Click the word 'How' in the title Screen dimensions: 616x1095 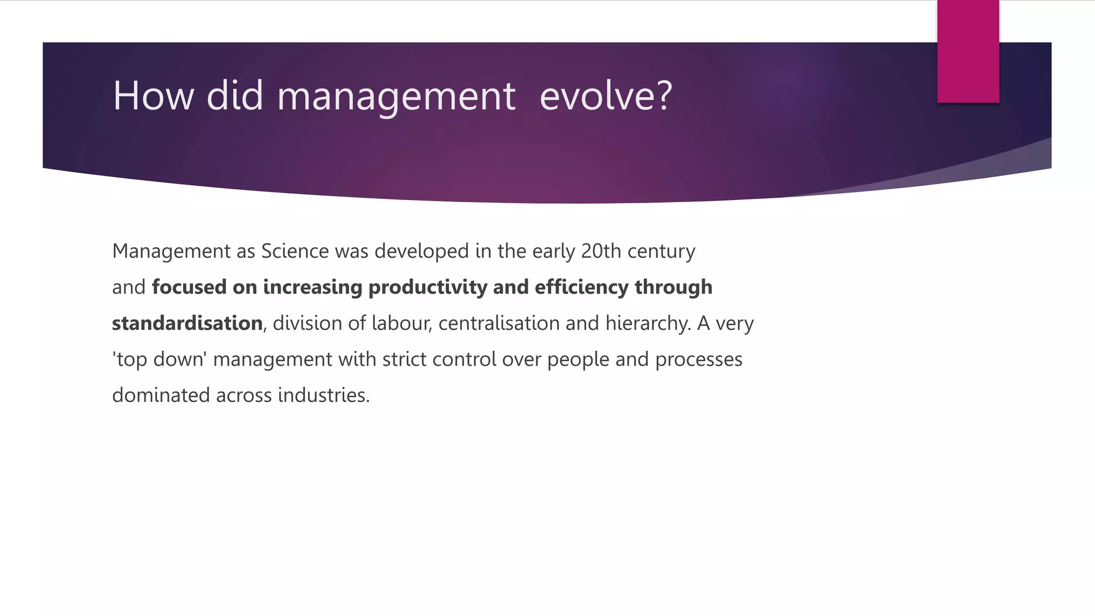(x=153, y=96)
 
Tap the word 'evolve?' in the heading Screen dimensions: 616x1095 (x=605, y=96)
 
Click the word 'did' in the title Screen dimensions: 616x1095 (x=235, y=96)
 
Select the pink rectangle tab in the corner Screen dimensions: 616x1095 (x=968, y=51)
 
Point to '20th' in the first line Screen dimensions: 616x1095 (x=601, y=251)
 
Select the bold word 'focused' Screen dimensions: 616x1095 (x=189, y=287)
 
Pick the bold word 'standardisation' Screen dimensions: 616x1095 (x=187, y=324)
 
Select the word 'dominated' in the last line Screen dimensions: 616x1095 (x=161, y=396)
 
